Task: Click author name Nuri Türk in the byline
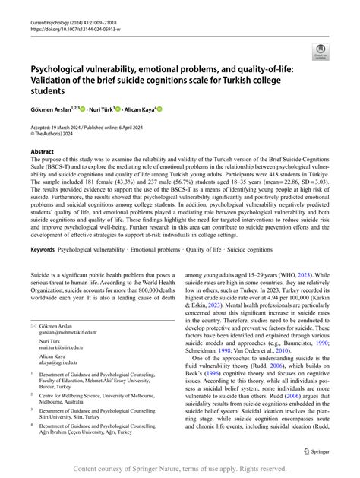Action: tap(100, 109)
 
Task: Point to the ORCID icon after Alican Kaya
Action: tap(160, 109)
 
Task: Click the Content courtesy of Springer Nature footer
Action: tap(179, 469)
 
